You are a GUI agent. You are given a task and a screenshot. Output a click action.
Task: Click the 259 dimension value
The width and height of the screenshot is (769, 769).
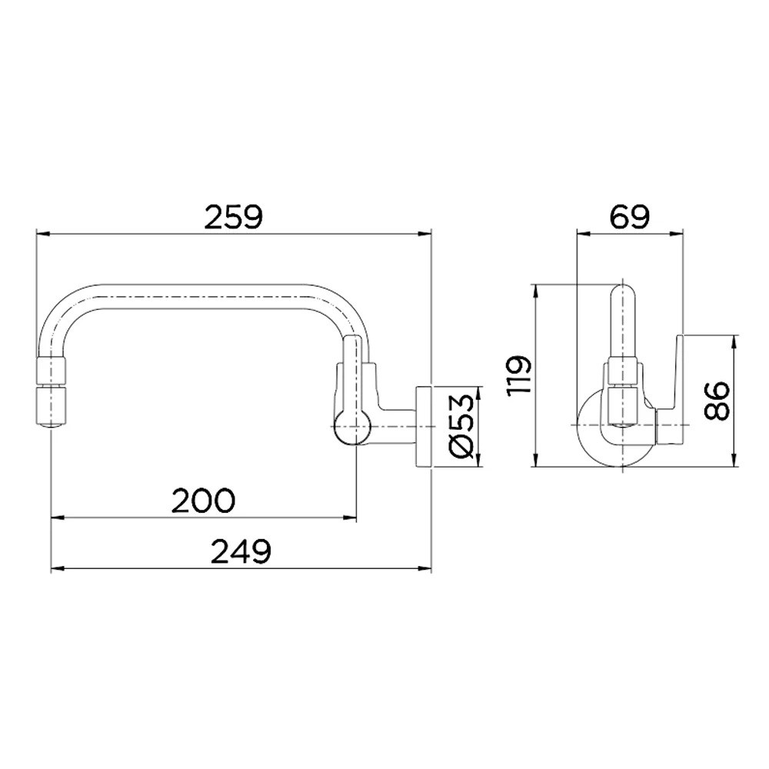click(x=234, y=218)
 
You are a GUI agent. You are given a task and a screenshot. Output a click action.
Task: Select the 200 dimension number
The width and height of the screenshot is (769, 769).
click(x=204, y=501)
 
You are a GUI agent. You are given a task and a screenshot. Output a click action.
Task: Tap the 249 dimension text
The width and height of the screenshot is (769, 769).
click(x=241, y=551)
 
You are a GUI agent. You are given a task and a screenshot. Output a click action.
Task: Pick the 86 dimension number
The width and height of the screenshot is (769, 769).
click(x=718, y=400)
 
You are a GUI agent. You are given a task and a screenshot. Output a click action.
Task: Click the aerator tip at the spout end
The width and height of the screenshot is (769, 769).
click(x=51, y=400)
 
